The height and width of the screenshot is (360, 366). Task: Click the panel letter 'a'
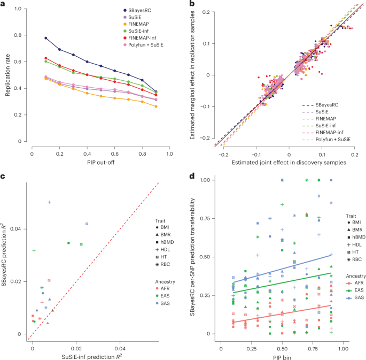click(x=4, y=5)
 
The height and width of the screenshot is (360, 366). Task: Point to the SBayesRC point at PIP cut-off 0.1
click(x=46, y=38)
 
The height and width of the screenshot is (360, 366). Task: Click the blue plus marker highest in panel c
click(x=49, y=202)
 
